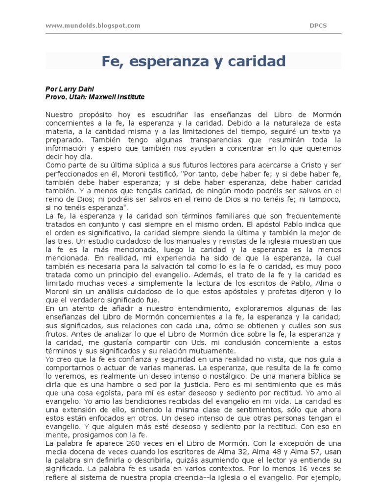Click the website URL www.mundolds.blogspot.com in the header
tap(93, 25)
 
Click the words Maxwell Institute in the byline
tap(117, 97)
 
